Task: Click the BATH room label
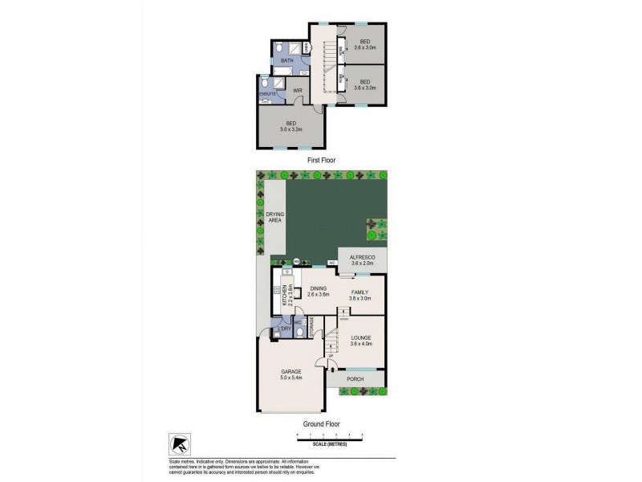coord(286,59)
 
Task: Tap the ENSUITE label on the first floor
coord(267,95)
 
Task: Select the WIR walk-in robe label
coord(296,91)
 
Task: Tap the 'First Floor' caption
coord(321,161)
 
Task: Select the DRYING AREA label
coord(275,219)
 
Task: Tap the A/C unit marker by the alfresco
coord(331,262)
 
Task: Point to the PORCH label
coord(354,378)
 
